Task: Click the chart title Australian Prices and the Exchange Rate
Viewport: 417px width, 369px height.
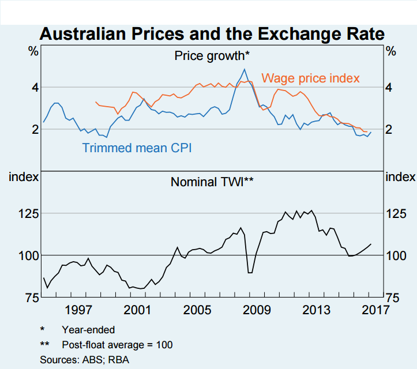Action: tap(212, 34)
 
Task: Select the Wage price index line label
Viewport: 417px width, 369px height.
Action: tap(310, 78)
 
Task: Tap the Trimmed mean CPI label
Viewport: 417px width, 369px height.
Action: tap(137, 148)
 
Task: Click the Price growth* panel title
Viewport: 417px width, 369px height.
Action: tap(212, 56)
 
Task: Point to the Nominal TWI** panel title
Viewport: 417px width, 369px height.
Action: tap(212, 182)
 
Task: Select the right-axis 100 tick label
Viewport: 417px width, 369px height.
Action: tap(397, 255)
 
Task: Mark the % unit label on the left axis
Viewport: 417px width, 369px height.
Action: tap(33, 51)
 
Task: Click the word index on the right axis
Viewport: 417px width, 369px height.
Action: tap(400, 176)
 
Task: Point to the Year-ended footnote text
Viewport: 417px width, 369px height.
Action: tap(88, 330)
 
